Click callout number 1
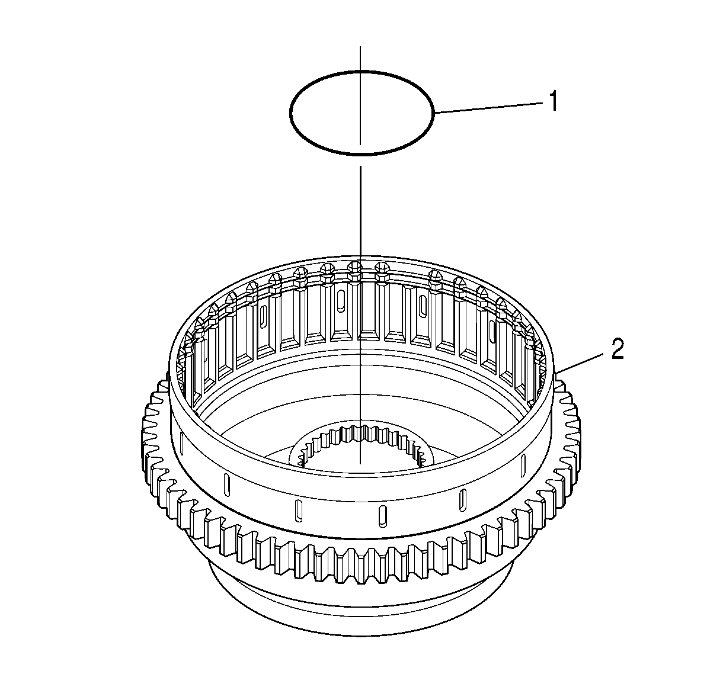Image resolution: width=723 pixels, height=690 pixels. pos(553,101)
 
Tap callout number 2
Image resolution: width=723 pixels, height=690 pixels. pos(618,348)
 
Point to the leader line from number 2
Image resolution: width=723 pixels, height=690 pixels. pos(579,363)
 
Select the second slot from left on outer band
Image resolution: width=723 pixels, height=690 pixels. pos(226,485)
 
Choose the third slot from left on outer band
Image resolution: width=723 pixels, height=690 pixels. pos(299,511)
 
